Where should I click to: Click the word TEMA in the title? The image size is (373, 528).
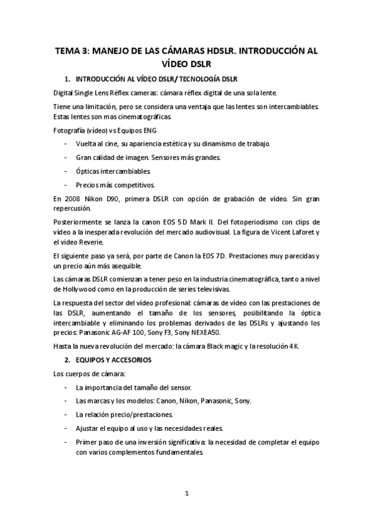coord(67,51)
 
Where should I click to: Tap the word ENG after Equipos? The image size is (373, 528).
coord(148,130)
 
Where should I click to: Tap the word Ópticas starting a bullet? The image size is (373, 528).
coord(88,171)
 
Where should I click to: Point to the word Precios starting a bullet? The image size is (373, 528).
coord(88,184)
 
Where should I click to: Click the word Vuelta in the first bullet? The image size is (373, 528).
coord(87,144)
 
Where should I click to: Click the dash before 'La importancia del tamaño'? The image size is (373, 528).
coord(66,387)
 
